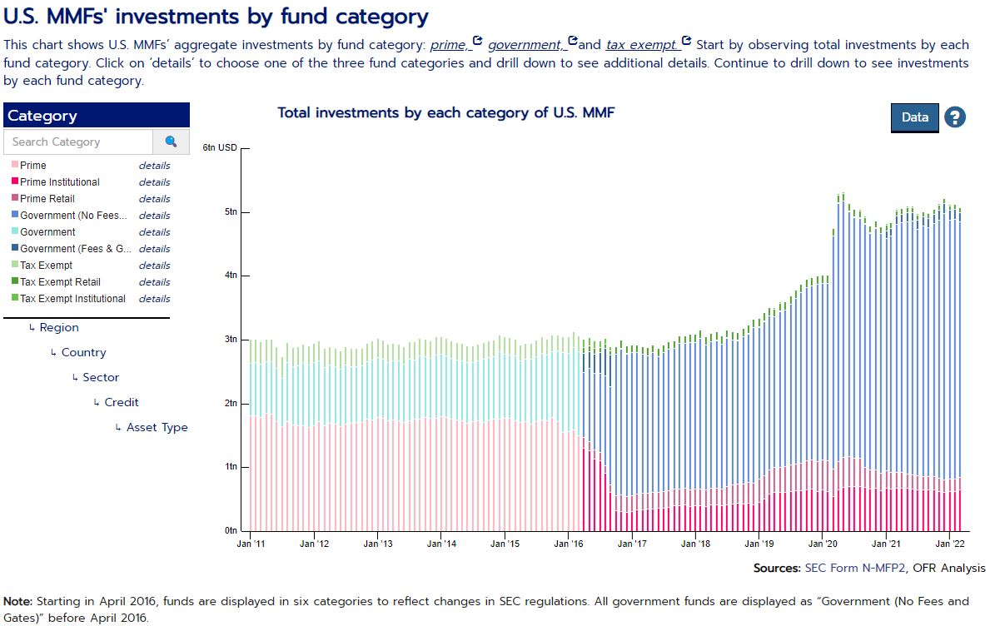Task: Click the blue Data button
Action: coord(914,117)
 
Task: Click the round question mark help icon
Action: coord(954,117)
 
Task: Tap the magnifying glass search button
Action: coord(172,142)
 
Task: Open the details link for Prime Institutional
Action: coord(154,182)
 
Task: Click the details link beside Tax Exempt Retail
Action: coord(154,282)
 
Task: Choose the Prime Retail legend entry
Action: coord(47,199)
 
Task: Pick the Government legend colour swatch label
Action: coord(47,232)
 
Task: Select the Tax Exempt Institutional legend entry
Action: coord(72,299)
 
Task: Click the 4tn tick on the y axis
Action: coord(231,276)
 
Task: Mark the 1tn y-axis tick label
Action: coord(231,467)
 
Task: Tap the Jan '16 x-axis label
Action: coord(568,544)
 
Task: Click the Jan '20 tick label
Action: coord(822,544)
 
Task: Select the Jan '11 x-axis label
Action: coord(251,544)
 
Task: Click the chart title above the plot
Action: coord(445,112)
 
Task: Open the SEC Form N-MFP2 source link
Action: coord(852,569)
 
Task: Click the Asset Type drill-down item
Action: coord(157,428)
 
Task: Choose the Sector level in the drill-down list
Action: coord(101,378)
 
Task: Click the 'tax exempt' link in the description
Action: coord(642,44)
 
